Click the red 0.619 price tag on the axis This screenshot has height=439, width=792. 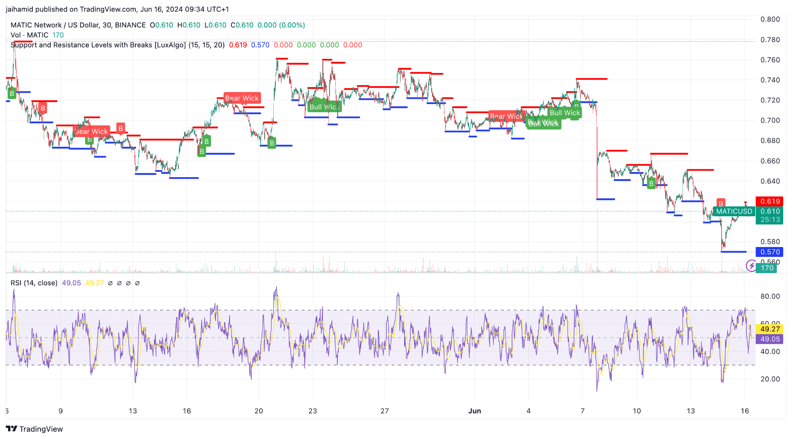click(770, 201)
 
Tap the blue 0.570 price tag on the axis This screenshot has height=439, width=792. click(770, 252)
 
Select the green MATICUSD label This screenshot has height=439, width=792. click(734, 211)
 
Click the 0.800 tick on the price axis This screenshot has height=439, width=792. click(770, 19)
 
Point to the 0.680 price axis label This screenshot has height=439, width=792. click(770, 140)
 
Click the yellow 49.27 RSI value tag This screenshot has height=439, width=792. click(770, 329)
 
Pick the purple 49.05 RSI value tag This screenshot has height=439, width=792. click(770, 339)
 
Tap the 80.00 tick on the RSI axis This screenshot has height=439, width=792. click(770, 296)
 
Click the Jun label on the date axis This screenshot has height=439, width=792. click(475, 411)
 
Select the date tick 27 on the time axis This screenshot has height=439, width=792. click(384, 411)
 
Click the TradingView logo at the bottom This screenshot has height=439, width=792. click(34, 429)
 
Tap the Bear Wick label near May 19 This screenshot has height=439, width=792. click(242, 98)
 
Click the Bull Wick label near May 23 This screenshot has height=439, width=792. click(324, 107)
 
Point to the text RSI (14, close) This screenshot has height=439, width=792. click(34, 283)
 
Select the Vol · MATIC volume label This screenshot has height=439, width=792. click(29, 35)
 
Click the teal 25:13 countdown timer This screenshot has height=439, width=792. click(770, 220)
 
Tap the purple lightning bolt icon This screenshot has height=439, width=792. click(751, 266)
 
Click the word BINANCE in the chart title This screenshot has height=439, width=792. click(130, 25)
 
